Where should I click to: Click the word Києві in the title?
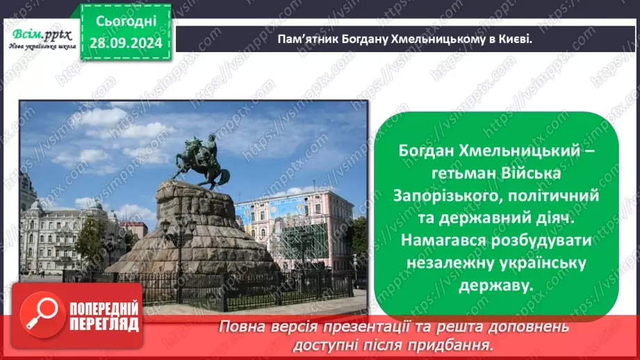[514, 38]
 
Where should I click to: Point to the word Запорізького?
[445, 197]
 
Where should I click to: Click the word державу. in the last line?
[495, 286]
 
